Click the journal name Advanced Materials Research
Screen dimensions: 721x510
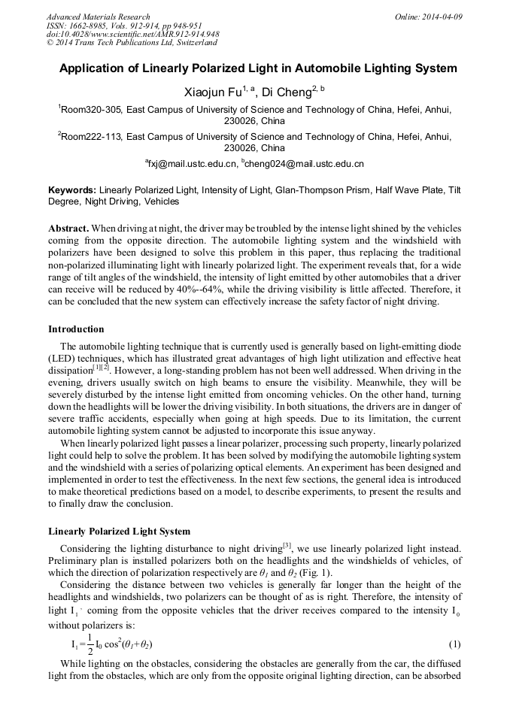click(x=98, y=17)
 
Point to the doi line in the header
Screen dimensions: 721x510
click(x=132, y=35)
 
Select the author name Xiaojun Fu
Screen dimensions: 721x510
click(x=212, y=92)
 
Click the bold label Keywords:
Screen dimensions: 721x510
click(x=72, y=190)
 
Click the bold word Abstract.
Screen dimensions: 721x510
click(x=69, y=228)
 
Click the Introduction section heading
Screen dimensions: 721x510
click(x=76, y=329)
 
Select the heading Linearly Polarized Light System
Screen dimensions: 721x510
click(x=119, y=532)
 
